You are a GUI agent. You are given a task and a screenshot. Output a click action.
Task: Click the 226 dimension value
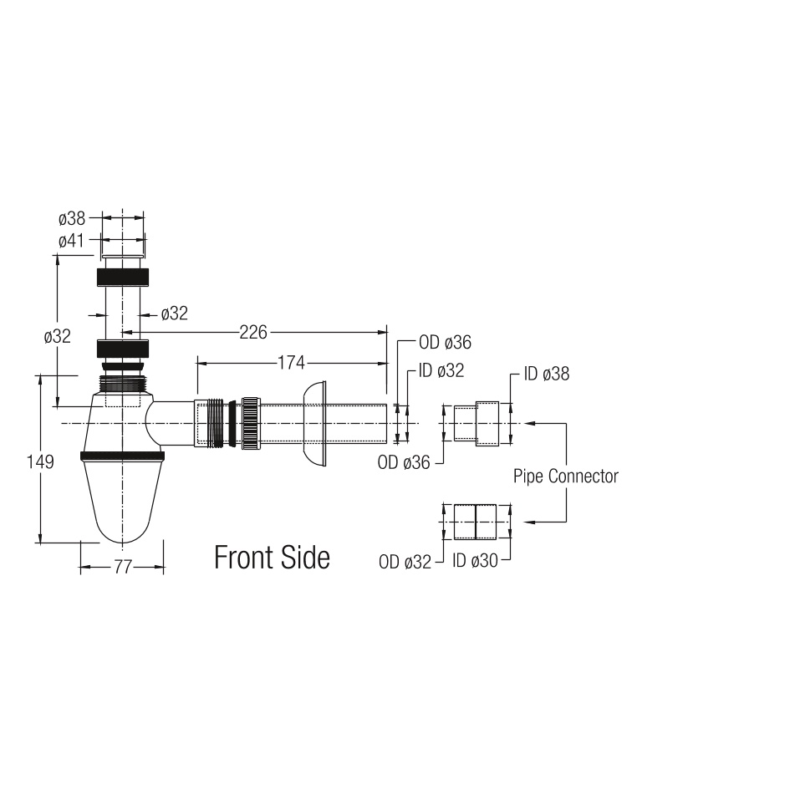253,333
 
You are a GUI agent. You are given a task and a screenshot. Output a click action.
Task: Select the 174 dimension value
291,363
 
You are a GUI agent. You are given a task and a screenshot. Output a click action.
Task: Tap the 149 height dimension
40,461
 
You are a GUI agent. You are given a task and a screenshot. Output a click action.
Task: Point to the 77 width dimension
122,568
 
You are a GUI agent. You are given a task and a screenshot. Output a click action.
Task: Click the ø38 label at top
72,219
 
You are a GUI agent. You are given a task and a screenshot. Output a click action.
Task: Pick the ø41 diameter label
71,241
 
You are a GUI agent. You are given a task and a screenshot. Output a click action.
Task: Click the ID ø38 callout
547,374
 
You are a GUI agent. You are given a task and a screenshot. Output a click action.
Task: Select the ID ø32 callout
441,371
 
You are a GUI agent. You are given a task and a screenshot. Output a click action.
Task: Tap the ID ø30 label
475,561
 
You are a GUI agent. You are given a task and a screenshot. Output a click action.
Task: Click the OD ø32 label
405,563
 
